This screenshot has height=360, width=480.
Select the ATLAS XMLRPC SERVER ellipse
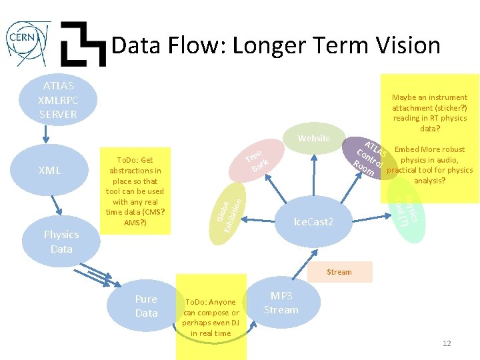pos(59,100)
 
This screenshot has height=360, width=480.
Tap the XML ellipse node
pos(50,170)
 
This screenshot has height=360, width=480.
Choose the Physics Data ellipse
pos(61,241)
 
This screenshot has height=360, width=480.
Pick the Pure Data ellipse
pos(146,306)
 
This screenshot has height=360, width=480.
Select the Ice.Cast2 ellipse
pos(313,221)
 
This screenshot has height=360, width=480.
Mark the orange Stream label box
pos(339,271)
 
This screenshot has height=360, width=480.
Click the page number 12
pos(447,343)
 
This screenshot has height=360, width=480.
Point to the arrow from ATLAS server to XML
pos(45,137)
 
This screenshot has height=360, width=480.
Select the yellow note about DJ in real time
pos(211,317)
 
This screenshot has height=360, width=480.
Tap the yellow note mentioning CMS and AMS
pos(135,191)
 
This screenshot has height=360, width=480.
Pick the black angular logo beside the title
pos(83,44)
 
